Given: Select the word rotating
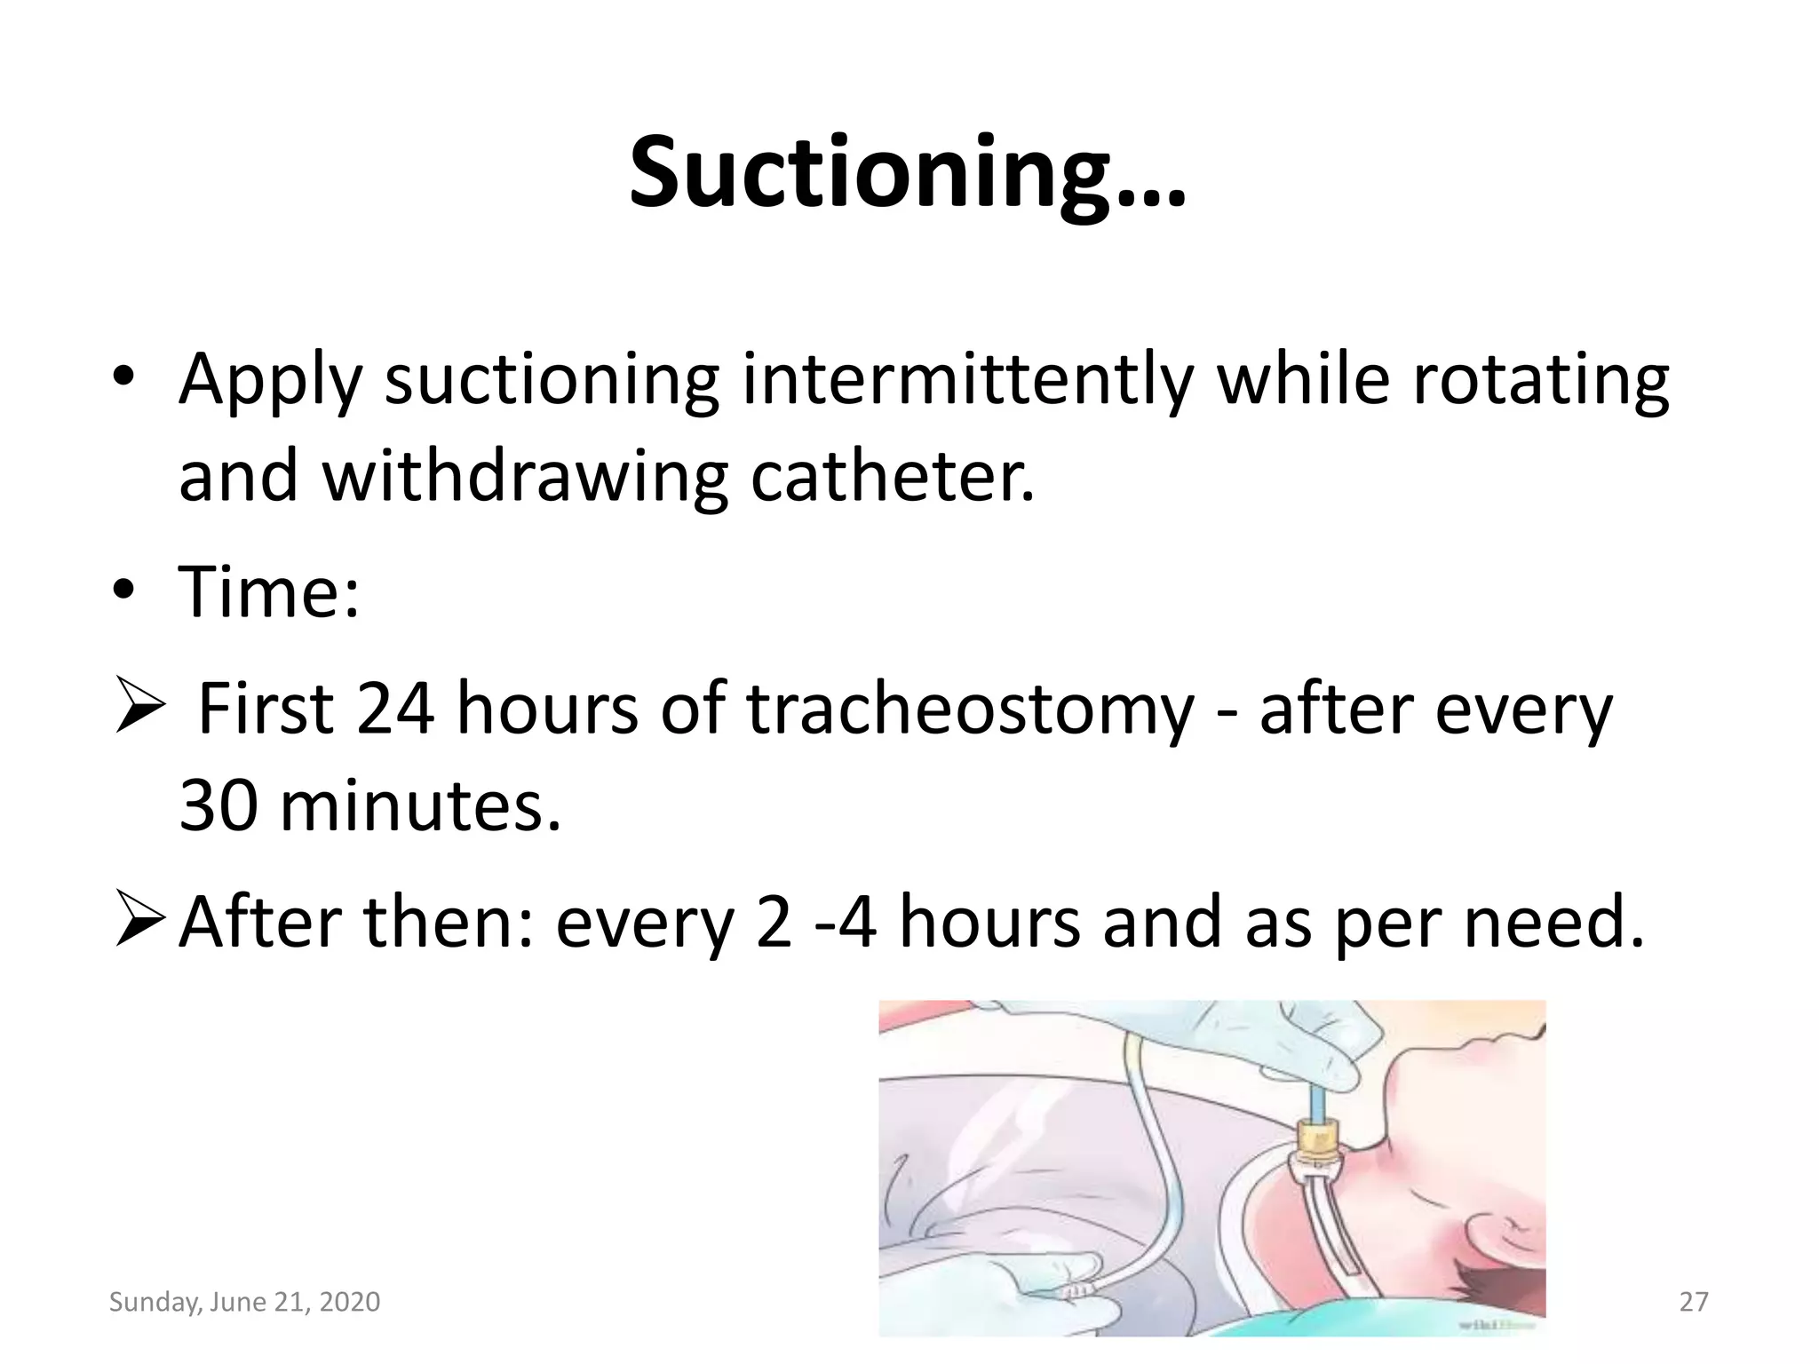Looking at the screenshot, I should click(1540, 379).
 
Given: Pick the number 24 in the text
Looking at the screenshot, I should click(395, 709).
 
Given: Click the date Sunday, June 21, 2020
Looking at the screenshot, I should click(244, 1302).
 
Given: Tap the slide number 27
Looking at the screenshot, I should click(1694, 1302).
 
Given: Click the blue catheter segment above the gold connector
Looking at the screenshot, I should click(1315, 1102).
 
